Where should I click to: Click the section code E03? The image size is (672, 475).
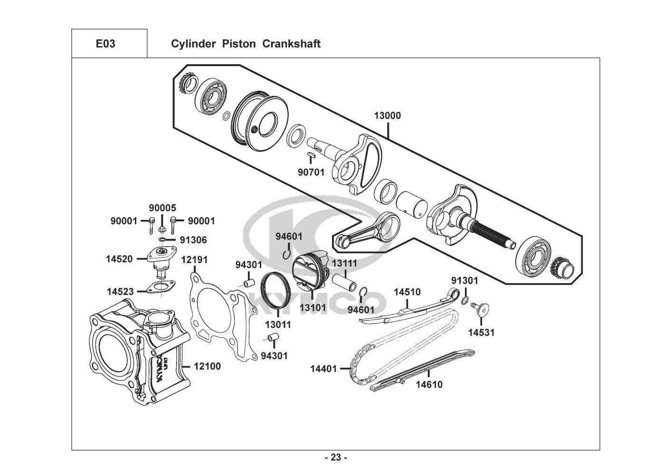(x=105, y=44)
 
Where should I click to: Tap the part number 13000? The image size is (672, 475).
(x=387, y=115)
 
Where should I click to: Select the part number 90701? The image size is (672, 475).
(x=311, y=172)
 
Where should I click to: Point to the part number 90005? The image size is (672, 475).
(x=162, y=208)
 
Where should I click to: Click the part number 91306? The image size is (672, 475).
(x=193, y=240)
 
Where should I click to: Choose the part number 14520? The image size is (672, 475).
(x=119, y=259)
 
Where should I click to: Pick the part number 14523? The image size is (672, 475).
(x=120, y=292)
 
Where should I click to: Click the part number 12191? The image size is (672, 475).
(x=194, y=260)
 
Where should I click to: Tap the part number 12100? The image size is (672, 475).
(x=207, y=367)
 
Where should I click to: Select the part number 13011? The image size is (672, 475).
(x=278, y=325)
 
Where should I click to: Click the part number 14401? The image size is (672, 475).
(x=323, y=369)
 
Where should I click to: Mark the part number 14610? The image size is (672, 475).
(x=429, y=385)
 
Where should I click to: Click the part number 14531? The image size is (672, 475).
(x=481, y=332)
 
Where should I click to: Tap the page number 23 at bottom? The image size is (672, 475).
(x=336, y=458)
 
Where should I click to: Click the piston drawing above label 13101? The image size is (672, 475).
(x=310, y=271)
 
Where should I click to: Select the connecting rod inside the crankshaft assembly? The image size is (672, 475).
(x=368, y=229)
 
